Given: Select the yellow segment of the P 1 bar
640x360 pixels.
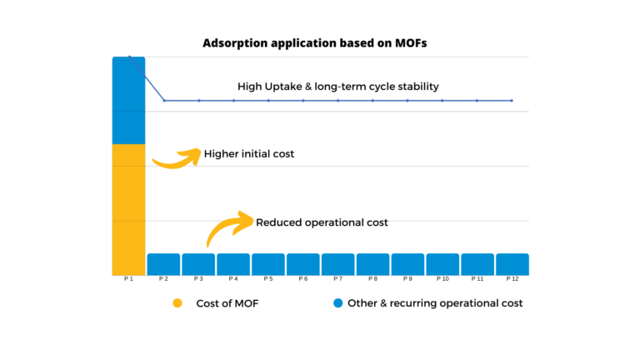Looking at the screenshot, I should coord(128,209).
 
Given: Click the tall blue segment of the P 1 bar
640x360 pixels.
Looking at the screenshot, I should coord(128,100).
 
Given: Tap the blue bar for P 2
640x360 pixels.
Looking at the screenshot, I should coord(163,264).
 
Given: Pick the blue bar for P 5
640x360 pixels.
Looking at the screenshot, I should coord(268,264).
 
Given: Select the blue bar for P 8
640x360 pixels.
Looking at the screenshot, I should coord(372,264).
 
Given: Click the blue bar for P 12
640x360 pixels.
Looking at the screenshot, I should coord(512,264).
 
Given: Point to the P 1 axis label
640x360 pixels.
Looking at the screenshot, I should coord(128,279).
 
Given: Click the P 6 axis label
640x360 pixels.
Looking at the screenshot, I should coord(303,279).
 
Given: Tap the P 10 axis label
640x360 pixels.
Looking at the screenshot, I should coord(442,279).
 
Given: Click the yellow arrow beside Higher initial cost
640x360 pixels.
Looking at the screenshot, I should coord(177,157).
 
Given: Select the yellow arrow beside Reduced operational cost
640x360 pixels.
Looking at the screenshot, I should coord(229,227).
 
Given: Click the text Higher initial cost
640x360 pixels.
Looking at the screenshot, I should coord(248,154).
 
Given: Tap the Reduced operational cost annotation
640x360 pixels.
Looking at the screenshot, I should coord(322,222).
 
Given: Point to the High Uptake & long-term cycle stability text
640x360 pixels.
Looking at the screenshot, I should coord(337,86).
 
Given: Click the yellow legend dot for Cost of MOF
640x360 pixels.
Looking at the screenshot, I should coord(177,303).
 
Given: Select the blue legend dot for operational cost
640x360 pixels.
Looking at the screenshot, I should coord(337,303).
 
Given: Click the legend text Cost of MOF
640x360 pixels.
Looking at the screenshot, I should coord(227,303).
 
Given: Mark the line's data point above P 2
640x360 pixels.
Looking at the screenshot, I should coord(164,100).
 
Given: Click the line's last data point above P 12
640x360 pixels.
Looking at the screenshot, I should coord(512,100).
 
